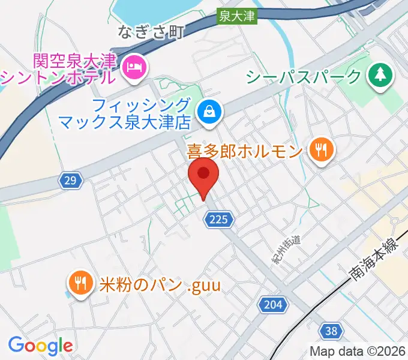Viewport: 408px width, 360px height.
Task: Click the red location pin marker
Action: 203,175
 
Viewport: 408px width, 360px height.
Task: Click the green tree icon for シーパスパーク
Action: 380,76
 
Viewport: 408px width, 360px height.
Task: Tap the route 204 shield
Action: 272,305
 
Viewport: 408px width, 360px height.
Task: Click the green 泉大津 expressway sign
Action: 237,19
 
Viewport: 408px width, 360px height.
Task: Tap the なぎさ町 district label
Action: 149,31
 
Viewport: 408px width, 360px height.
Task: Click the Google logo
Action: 40,345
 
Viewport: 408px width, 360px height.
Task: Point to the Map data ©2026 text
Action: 358,352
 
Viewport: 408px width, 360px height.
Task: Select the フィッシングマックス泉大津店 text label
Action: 125,114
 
